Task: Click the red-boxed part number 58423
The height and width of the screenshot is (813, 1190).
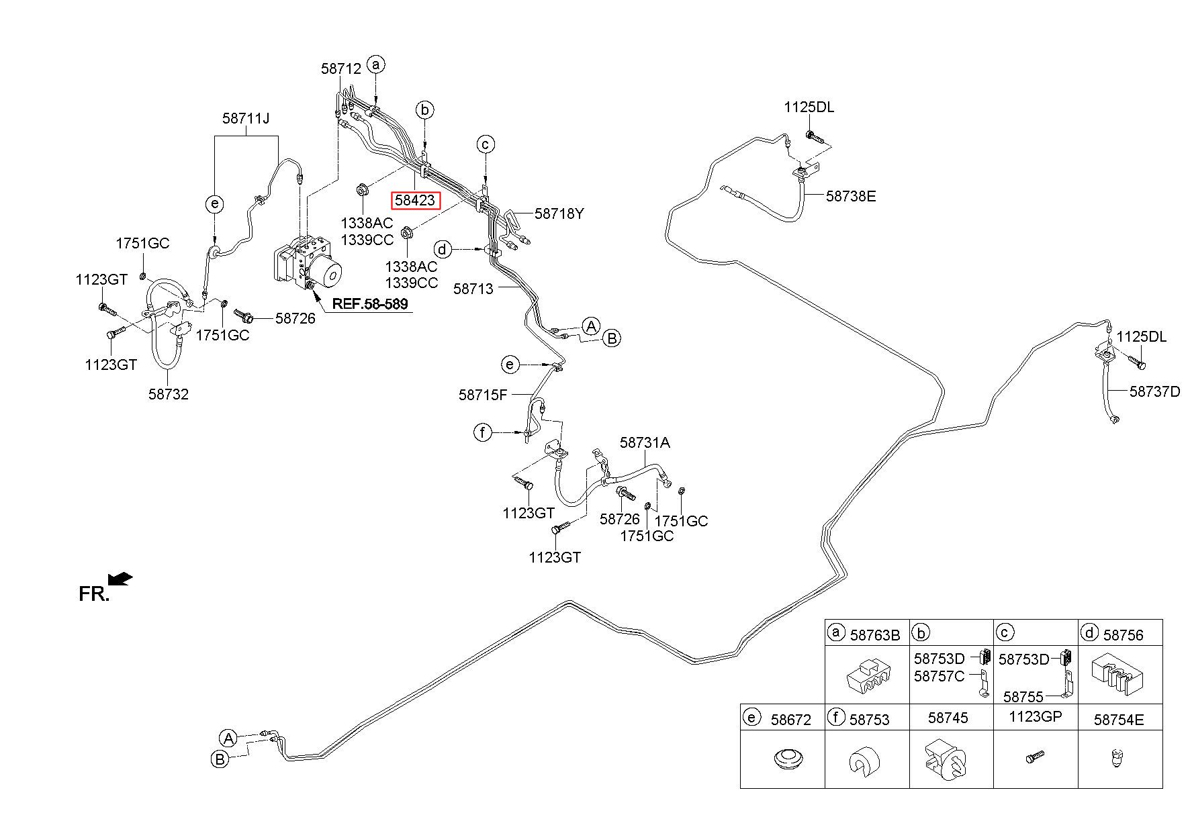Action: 416,200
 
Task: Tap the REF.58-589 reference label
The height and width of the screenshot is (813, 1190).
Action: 370,304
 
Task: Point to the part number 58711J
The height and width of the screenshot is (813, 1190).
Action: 246,119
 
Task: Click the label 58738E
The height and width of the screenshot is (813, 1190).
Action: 851,196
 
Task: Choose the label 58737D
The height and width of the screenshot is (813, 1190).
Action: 1154,391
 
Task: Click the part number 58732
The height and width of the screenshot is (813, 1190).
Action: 169,394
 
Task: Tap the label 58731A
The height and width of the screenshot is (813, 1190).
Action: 645,442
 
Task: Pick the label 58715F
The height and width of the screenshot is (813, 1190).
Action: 483,395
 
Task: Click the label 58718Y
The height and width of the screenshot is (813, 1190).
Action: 559,213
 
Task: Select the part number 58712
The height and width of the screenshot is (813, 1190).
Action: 341,68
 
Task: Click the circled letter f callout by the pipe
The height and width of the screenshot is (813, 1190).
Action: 483,433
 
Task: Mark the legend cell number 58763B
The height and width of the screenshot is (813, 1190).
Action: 875,635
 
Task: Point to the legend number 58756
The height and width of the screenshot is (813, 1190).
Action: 1123,635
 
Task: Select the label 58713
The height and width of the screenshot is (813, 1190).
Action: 473,289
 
